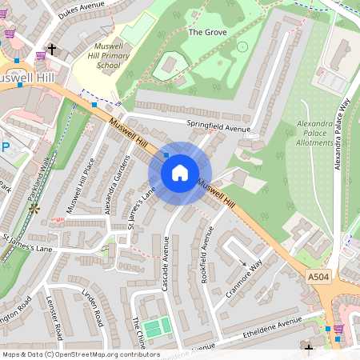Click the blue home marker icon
180,173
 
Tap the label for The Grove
207,33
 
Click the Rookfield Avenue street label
206,248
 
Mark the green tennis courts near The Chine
157,326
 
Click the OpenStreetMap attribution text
80,354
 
